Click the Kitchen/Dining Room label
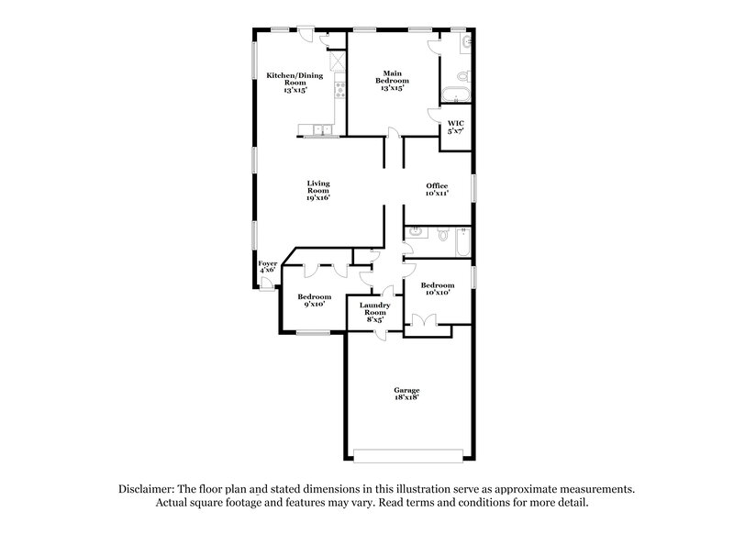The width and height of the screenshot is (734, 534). pyautogui.click(x=288, y=83)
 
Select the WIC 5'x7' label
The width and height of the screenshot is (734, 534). pyautogui.click(x=455, y=127)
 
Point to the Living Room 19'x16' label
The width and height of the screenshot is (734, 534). pyautogui.click(x=317, y=190)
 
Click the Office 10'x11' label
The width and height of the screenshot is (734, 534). pyautogui.click(x=436, y=190)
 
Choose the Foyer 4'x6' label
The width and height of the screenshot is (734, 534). pyautogui.click(x=267, y=266)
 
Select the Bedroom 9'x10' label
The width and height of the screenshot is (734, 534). pyautogui.click(x=313, y=300)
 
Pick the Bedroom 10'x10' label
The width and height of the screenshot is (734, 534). pyautogui.click(x=437, y=289)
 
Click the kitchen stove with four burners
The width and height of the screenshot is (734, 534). pyautogui.click(x=340, y=89)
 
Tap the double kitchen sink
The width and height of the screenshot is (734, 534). pyautogui.click(x=322, y=129)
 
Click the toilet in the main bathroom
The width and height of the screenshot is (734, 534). pyautogui.click(x=463, y=76)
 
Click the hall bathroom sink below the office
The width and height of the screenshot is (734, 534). pyautogui.click(x=415, y=234)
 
